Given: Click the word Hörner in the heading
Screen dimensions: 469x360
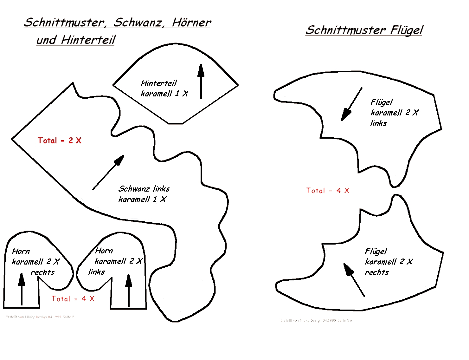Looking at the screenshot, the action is pyautogui.click(x=191, y=23).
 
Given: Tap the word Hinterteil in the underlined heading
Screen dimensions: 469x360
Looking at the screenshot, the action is pyautogui.click(x=88, y=40).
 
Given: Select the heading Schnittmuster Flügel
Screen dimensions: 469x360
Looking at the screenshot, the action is pyautogui.click(x=364, y=30).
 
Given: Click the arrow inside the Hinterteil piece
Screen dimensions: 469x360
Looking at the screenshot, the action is pyautogui.click(x=201, y=81).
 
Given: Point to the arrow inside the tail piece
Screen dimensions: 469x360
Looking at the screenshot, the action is pyautogui.click(x=108, y=173).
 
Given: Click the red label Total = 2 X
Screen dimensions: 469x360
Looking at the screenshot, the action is pyautogui.click(x=60, y=141).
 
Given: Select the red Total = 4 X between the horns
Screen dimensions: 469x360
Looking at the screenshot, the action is pyautogui.click(x=73, y=299).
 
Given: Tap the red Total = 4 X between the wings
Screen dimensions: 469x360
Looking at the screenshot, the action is pyautogui.click(x=328, y=191).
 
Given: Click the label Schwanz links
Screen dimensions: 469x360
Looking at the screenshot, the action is pyautogui.click(x=144, y=189).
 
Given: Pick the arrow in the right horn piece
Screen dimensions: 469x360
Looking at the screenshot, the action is pyautogui.click(x=21, y=289).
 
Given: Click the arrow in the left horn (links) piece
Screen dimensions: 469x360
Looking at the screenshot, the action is pyautogui.click(x=129, y=290).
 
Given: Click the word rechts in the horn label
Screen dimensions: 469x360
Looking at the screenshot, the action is pyautogui.click(x=42, y=272).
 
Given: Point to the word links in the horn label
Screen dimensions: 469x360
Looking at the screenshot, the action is pyautogui.click(x=96, y=272).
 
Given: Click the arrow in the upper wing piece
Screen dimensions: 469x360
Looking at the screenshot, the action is pyautogui.click(x=351, y=104).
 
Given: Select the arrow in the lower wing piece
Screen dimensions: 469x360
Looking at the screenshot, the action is pyautogui.click(x=354, y=280).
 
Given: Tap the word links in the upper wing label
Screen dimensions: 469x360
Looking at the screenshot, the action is pyautogui.click(x=379, y=123).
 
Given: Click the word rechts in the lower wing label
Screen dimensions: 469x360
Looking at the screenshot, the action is pyautogui.click(x=377, y=272).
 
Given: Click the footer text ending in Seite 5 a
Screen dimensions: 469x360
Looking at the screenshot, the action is pyautogui.click(x=316, y=320).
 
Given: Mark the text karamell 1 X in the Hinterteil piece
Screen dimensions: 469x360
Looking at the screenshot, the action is pyautogui.click(x=164, y=94).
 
